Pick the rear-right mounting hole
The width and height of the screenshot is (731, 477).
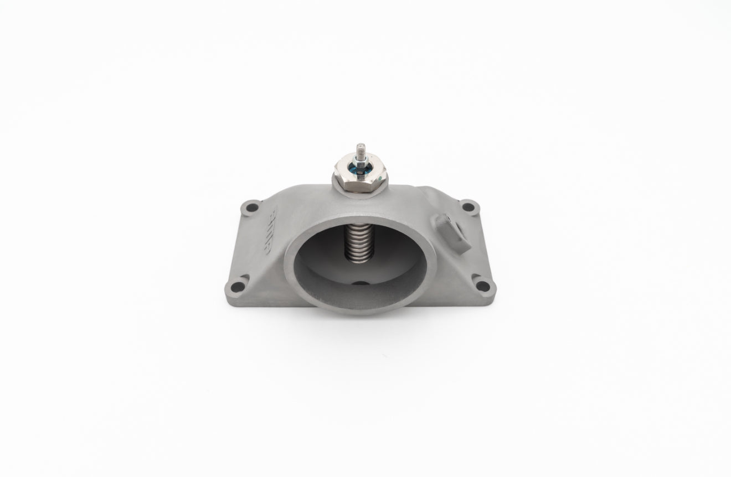pos(469,208)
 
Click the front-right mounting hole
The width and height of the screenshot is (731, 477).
pos(482,286)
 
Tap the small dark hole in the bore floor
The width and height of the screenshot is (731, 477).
pos(360,284)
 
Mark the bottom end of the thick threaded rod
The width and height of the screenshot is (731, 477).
pos(359,257)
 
